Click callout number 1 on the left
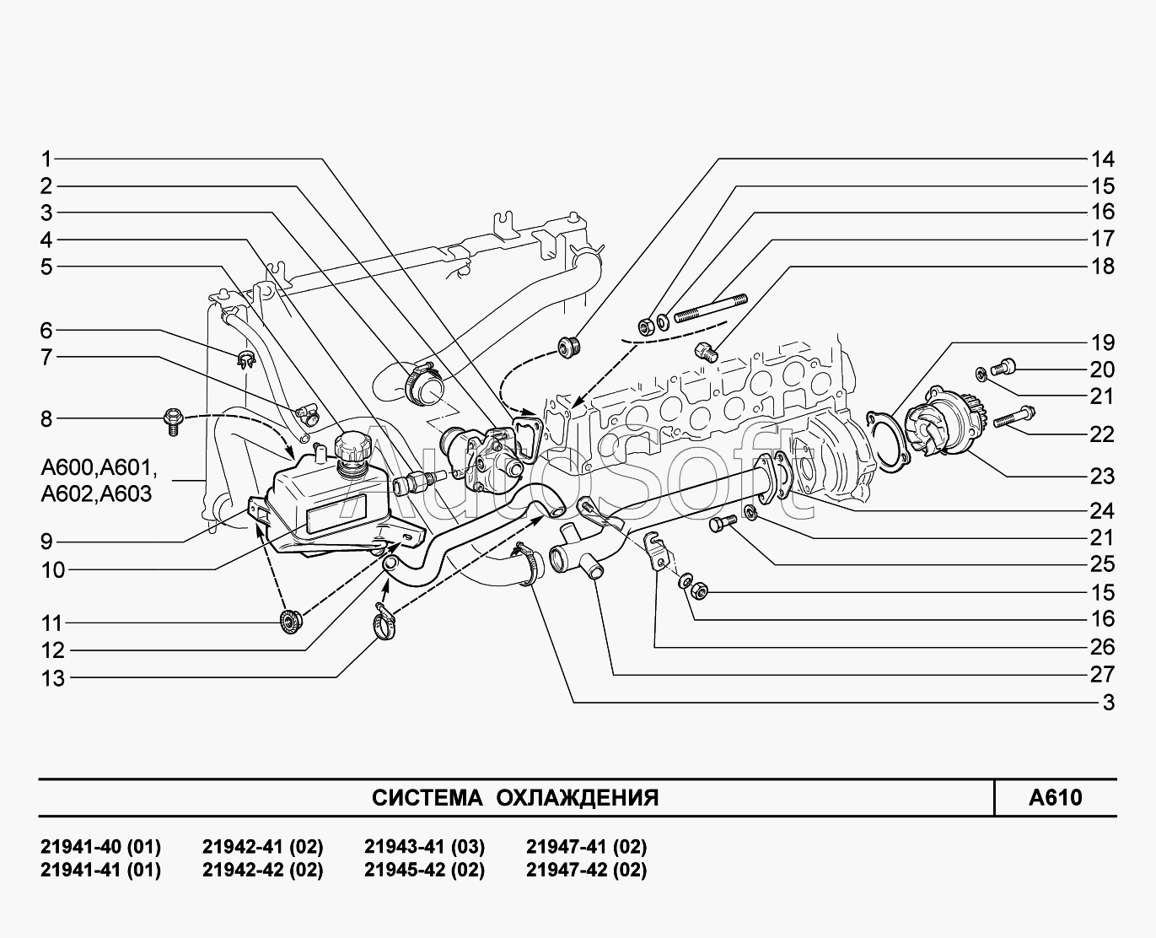[x=46, y=159]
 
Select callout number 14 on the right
[x=1102, y=159]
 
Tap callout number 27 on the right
[x=1102, y=675]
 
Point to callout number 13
[x=53, y=678]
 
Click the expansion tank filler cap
[x=353, y=449]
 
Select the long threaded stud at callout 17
[x=711, y=308]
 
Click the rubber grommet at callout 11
[x=290, y=622]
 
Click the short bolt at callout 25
[x=723, y=523]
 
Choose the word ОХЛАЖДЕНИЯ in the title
[x=577, y=798]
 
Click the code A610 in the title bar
[x=1055, y=797]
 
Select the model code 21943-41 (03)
[x=424, y=847]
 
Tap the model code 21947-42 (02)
[x=587, y=871]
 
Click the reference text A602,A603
[x=96, y=494]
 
